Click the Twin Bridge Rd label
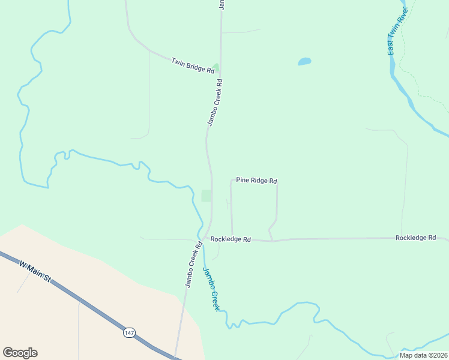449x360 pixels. pos(193,65)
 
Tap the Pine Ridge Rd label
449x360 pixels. pos(256,180)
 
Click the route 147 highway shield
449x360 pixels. pos(129,332)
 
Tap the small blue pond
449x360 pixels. pos(304,61)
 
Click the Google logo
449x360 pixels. pos(20,353)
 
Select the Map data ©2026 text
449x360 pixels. pos(423,355)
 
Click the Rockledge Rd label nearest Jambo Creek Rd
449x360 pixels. pos(230,239)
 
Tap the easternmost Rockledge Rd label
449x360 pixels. pos(415,238)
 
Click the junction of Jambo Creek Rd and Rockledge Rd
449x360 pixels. pos(205,238)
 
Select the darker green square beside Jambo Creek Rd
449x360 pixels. pos(206,196)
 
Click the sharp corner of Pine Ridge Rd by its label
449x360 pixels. pos(231,179)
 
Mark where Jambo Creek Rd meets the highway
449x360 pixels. pos(176,356)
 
